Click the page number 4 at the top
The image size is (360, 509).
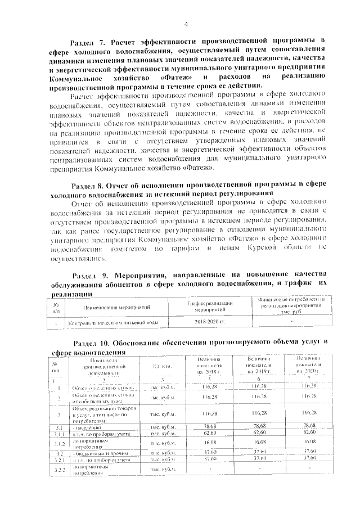pyautogui.click(x=186, y=24)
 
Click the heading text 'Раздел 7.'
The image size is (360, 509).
pyautogui.click(x=88, y=40)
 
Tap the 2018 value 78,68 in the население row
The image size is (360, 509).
pyautogui.click(x=210, y=426)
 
